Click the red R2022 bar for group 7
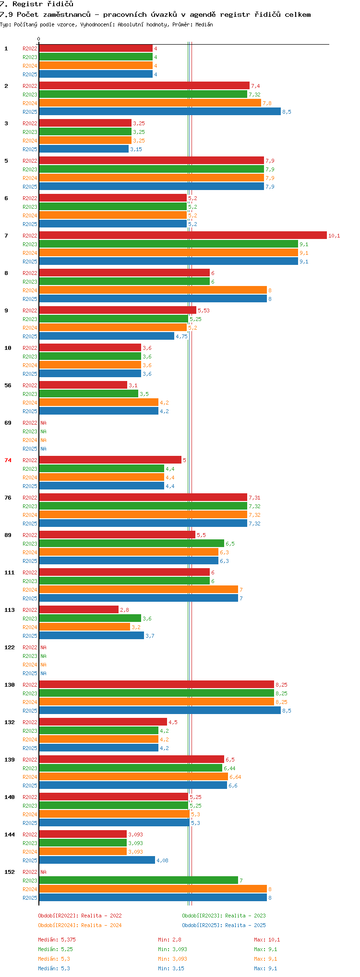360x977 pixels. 183,236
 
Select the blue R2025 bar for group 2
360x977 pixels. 160,112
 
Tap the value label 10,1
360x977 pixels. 334,236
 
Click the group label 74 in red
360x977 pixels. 8,460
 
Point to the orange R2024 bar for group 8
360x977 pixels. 153,290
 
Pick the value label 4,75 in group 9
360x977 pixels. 181,336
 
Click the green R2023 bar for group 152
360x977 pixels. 138,881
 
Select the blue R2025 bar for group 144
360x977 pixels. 97,860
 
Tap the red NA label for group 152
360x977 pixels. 43,872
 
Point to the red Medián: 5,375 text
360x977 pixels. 57,940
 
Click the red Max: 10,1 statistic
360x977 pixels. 267,940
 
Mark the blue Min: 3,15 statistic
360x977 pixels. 171,968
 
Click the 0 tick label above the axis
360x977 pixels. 39,39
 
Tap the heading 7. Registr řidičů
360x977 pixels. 36,4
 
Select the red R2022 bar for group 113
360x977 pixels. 79,610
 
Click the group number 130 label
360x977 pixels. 10,685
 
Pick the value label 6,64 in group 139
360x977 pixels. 235,777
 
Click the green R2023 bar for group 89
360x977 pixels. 132,544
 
